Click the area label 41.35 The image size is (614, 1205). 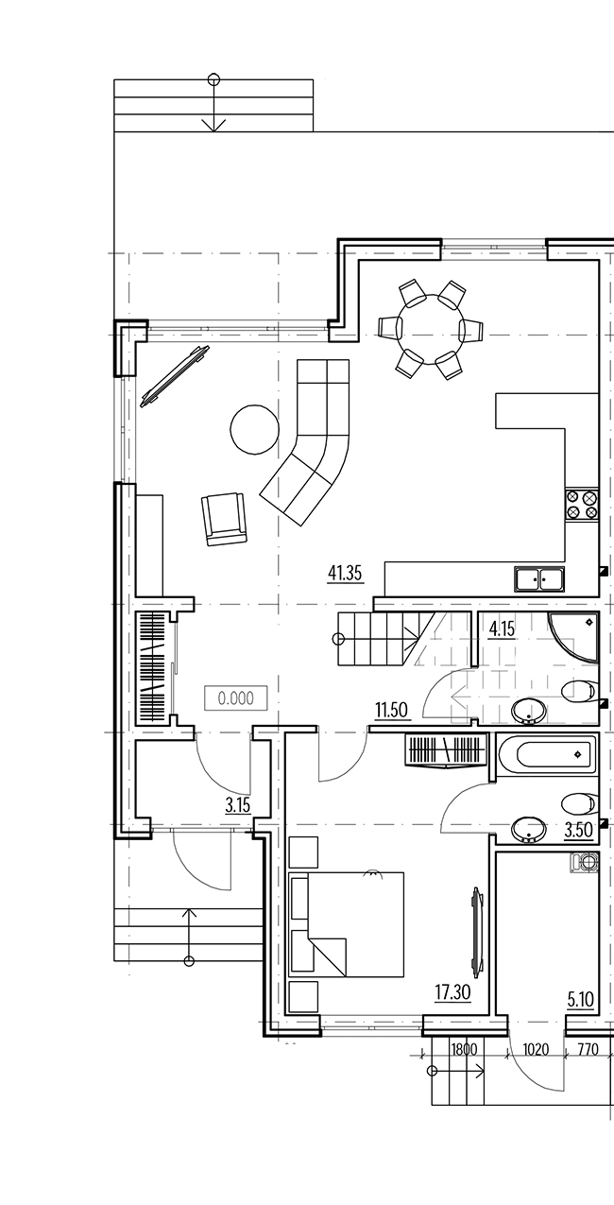pyautogui.click(x=345, y=574)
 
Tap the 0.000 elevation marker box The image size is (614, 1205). pyautogui.click(x=236, y=698)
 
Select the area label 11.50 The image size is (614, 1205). pyautogui.click(x=391, y=710)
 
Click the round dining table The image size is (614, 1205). pyautogui.click(x=430, y=329)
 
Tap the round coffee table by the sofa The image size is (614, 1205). pyautogui.click(x=255, y=430)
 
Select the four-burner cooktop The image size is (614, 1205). pyautogui.click(x=582, y=505)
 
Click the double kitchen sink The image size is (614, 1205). pyautogui.click(x=539, y=579)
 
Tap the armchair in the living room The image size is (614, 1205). pyautogui.click(x=224, y=519)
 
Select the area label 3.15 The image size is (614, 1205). pyautogui.click(x=238, y=805)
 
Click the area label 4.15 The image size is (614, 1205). pyautogui.click(x=502, y=628)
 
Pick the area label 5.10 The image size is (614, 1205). pyautogui.click(x=581, y=1000)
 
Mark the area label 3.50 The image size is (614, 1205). pyautogui.click(x=578, y=830)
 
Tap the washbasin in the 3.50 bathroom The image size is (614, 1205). pyautogui.click(x=529, y=829)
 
